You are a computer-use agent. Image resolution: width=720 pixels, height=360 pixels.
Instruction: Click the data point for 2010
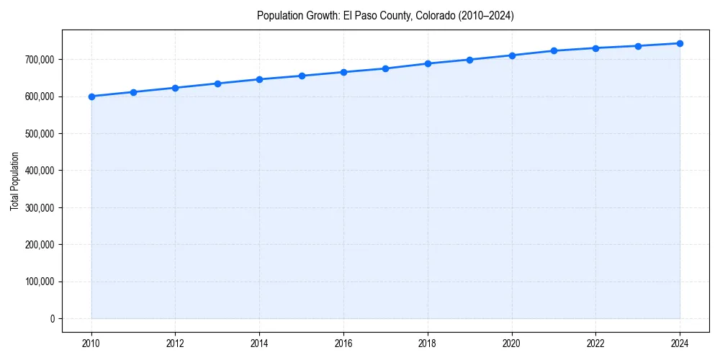pyautogui.click(x=91, y=96)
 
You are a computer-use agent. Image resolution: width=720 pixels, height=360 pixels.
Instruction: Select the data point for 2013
pyautogui.click(x=217, y=84)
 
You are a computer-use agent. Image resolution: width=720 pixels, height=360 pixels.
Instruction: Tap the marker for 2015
pyautogui.click(x=302, y=76)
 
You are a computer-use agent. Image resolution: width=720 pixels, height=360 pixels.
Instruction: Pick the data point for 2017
pyautogui.click(x=385, y=68)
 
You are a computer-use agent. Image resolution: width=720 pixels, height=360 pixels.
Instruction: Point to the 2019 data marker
pyautogui.click(x=469, y=60)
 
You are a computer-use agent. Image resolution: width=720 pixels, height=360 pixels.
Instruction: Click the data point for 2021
pyautogui.click(x=554, y=50)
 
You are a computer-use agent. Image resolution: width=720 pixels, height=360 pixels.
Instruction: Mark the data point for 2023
pyautogui.click(x=638, y=46)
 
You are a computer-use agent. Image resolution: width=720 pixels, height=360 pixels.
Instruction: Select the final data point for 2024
pyautogui.click(x=680, y=43)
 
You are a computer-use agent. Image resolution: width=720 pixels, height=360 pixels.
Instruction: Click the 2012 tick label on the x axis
pyautogui.click(x=176, y=343)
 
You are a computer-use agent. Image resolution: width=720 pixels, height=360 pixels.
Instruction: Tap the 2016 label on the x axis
pyautogui.click(x=343, y=343)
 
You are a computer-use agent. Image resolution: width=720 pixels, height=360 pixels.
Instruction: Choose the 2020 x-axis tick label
pyautogui.click(x=512, y=343)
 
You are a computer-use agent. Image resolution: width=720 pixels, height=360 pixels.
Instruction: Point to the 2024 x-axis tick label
pyautogui.click(x=680, y=343)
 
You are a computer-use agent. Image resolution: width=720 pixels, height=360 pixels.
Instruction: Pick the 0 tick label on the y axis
pyautogui.click(x=52, y=319)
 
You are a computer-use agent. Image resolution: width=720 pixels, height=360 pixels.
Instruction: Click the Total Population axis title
pyautogui.click(x=15, y=181)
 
